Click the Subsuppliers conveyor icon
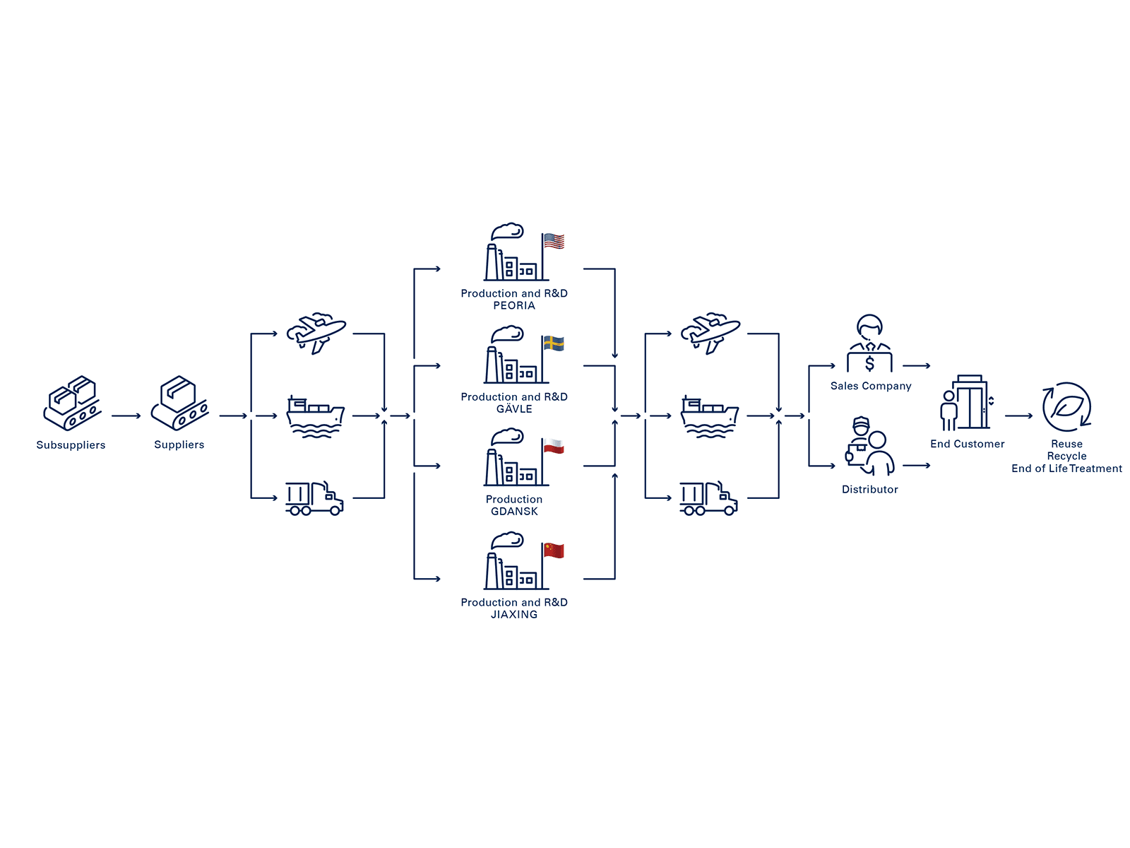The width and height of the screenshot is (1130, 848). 72,404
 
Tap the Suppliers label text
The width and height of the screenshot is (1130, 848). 179,444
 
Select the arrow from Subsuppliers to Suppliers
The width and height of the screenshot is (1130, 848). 126,416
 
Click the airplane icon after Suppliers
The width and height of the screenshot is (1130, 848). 316,333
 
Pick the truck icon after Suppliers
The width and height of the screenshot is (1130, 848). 314,498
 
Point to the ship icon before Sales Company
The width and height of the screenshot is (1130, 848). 709,417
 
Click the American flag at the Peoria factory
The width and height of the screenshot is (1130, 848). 554,242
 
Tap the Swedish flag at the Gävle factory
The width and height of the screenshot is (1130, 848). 554,344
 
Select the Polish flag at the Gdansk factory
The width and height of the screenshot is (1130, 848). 554,447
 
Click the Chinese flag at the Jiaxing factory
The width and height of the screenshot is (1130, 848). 554,550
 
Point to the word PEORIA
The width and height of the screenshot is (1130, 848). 514,306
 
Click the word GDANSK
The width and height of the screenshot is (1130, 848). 514,512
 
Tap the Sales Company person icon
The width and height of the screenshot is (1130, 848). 869,343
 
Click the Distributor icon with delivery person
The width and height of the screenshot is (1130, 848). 869,447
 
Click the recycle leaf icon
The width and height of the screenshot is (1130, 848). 1066,407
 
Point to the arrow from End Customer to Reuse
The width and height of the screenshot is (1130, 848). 1018,416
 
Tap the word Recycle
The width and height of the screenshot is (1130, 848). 1066,457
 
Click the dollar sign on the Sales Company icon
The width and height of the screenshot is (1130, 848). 869,364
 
